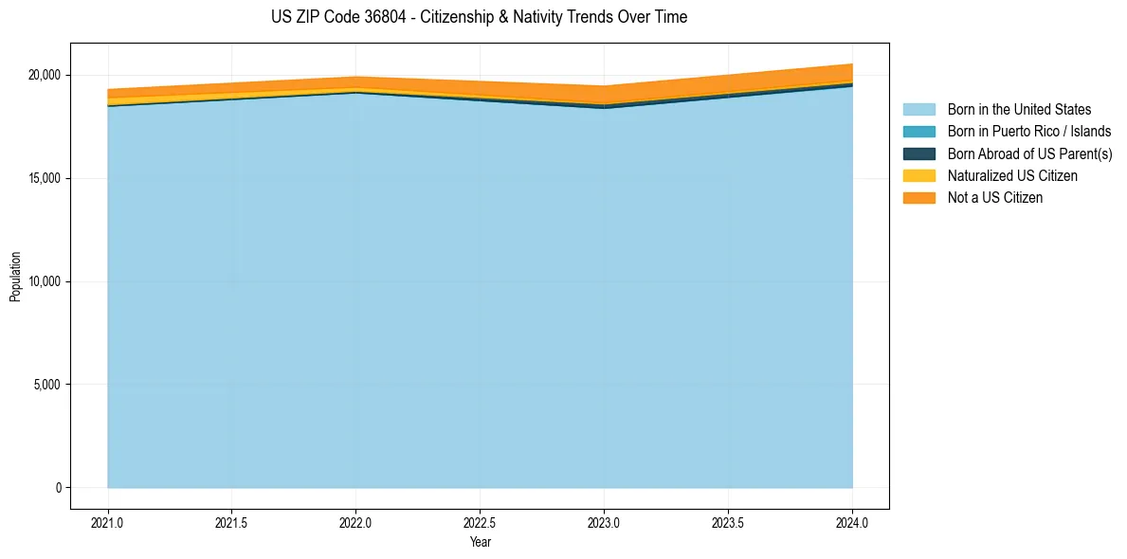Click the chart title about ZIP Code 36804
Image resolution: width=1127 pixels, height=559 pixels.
(x=479, y=17)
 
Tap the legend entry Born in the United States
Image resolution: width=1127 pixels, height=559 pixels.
(x=1019, y=110)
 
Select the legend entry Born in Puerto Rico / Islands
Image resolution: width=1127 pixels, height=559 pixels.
(x=1029, y=132)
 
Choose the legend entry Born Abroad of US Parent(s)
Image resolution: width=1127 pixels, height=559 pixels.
(x=1029, y=153)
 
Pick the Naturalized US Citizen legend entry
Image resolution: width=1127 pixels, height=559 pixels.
(x=1012, y=176)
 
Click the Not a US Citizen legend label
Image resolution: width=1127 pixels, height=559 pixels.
(x=995, y=198)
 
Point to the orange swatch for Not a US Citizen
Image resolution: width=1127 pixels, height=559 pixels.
(x=918, y=198)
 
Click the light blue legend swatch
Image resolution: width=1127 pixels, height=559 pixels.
(x=918, y=110)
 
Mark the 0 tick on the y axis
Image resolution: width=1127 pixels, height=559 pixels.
(x=58, y=488)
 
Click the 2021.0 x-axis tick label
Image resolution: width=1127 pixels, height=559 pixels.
(x=108, y=522)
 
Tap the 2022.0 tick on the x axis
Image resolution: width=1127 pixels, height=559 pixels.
(x=355, y=522)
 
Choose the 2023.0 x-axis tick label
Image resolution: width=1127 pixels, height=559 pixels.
(x=604, y=522)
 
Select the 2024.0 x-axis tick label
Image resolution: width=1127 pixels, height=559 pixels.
(x=852, y=522)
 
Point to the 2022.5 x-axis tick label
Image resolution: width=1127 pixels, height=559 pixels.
(x=480, y=522)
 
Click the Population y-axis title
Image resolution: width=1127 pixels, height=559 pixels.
(x=15, y=277)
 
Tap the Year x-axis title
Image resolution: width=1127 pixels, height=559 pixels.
(x=480, y=542)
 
